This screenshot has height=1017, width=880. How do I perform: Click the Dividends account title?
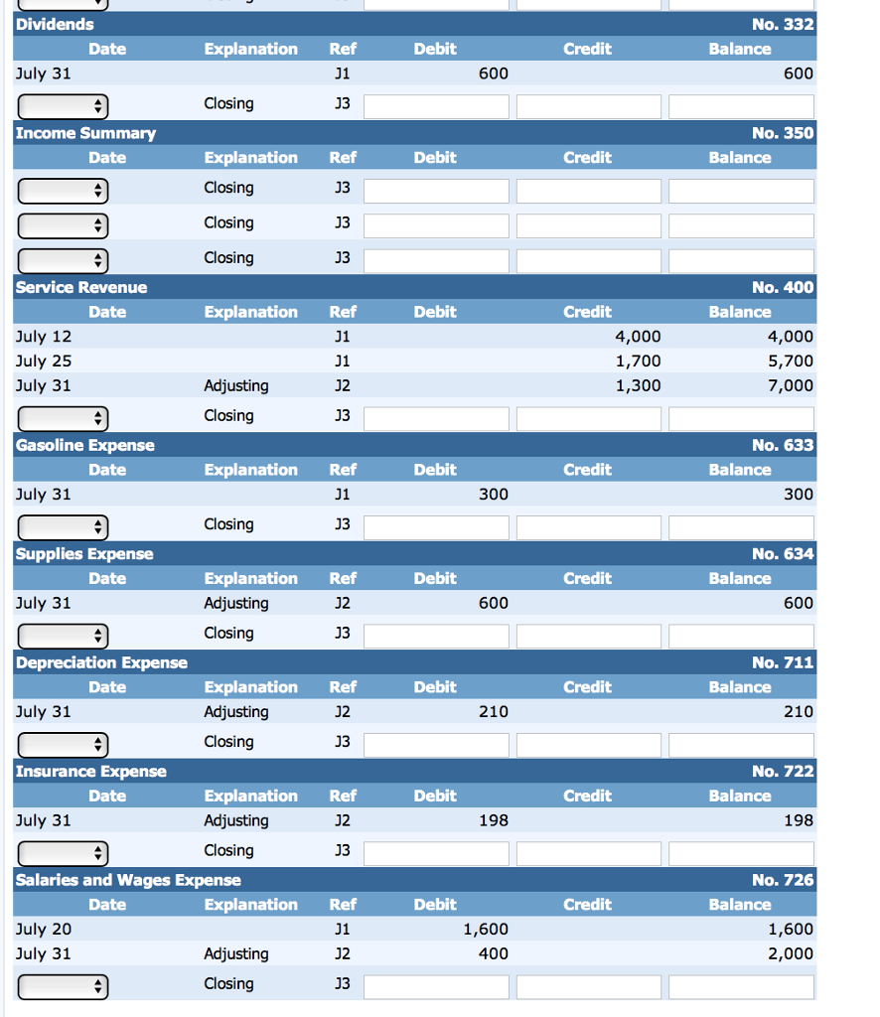tap(55, 24)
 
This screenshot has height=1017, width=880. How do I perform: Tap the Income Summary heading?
tap(85, 133)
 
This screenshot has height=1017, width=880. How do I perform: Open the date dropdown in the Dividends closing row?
tap(62, 105)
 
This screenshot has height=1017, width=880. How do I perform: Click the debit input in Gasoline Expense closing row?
tap(436, 526)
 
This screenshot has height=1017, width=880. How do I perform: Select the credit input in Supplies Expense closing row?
tap(588, 636)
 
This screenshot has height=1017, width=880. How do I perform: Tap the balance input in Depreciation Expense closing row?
tap(741, 744)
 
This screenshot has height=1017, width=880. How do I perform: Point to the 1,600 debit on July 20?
tap(486, 930)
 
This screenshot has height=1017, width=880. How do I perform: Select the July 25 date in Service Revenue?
tap(44, 361)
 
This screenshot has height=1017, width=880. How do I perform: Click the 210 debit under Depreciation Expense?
tap(493, 712)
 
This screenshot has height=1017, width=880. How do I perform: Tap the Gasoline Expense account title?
tap(85, 445)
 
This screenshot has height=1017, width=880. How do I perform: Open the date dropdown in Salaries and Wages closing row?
tap(62, 986)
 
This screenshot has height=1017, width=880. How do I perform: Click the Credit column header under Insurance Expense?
tap(587, 796)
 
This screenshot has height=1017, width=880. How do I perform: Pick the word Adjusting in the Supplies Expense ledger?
tap(235, 603)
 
